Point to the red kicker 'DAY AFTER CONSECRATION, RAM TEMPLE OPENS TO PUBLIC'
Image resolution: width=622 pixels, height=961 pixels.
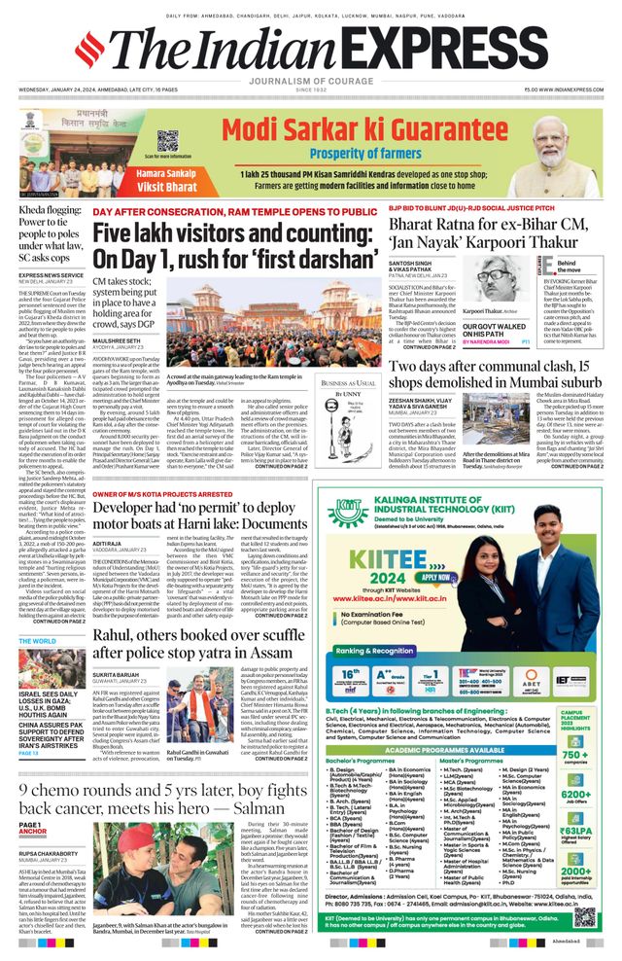tap(234, 211)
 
